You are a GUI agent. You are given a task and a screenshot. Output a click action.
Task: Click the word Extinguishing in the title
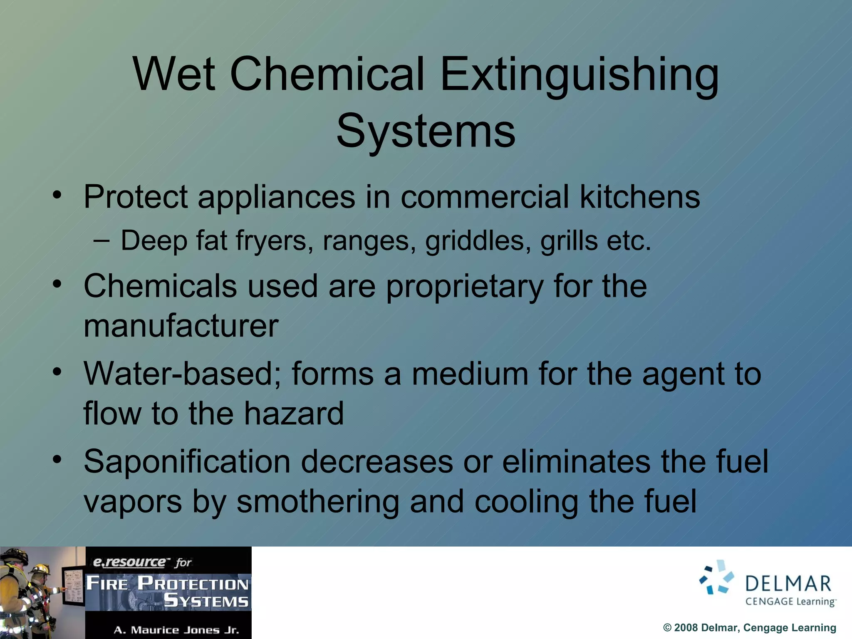[579, 75]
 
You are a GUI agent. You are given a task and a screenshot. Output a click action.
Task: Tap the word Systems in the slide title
[426, 131]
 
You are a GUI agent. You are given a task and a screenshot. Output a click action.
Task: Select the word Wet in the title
[174, 75]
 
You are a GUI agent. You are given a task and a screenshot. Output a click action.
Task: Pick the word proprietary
[465, 287]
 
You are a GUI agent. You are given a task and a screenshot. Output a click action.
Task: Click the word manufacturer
[181, 326]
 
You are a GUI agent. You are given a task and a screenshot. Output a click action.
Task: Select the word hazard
[294, 414]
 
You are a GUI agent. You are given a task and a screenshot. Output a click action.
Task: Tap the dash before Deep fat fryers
[102, 240]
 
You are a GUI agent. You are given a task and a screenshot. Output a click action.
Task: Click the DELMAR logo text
[788, 583]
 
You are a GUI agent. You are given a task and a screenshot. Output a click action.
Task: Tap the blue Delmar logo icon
[716, 577]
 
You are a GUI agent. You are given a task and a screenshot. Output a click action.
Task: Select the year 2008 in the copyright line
[686, 628]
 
